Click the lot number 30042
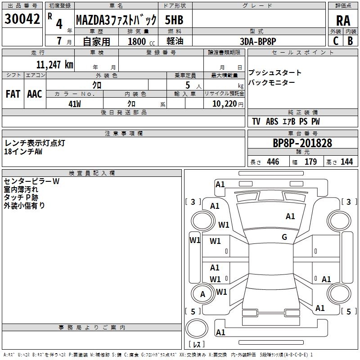point(22,19)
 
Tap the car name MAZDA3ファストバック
point(116,20)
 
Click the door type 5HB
point(175,20)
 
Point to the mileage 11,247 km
point(54,64)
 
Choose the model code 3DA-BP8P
point(258,41)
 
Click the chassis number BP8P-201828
point(302,143)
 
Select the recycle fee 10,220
point(224,103)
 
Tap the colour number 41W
point(74,103)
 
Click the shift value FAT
point(13,94)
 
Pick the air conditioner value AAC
point(34,94)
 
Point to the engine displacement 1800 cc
point(139,41)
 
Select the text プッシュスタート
point(275,73)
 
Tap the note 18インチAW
point(23,152)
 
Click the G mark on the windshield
point(284,237)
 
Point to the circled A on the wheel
point(202,294)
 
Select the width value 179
point(310,162)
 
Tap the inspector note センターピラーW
point(31,181)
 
